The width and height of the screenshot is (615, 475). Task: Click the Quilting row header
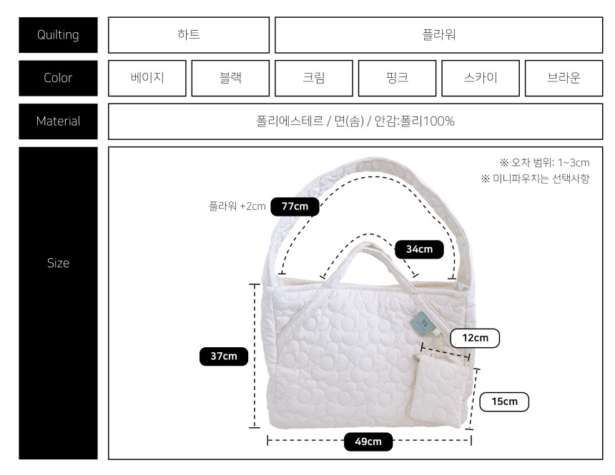point(58,35)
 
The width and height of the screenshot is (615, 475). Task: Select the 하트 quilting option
point(189,35)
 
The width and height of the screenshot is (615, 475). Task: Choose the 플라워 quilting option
point(439,35)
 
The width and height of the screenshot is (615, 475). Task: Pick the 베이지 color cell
point(147,78)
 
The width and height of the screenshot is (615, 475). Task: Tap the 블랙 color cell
point(230,78)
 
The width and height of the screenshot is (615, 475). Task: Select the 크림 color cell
point(314,78)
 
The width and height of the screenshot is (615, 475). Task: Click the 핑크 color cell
point(398,78)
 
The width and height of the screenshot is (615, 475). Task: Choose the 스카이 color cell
point(481,78)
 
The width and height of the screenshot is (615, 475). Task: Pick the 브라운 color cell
point(564,78)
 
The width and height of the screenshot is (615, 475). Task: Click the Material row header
point(58,121)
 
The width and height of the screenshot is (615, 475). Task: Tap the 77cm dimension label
point(295,206)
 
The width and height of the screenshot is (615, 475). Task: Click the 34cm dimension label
point(419,249)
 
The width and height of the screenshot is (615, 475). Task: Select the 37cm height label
point(224,356)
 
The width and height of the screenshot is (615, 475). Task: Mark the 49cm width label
point(368,441)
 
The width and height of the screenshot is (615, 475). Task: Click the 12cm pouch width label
point(475,339)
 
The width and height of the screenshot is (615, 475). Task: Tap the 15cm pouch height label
point(504,401)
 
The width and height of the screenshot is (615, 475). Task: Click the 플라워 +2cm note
point(237,206)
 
